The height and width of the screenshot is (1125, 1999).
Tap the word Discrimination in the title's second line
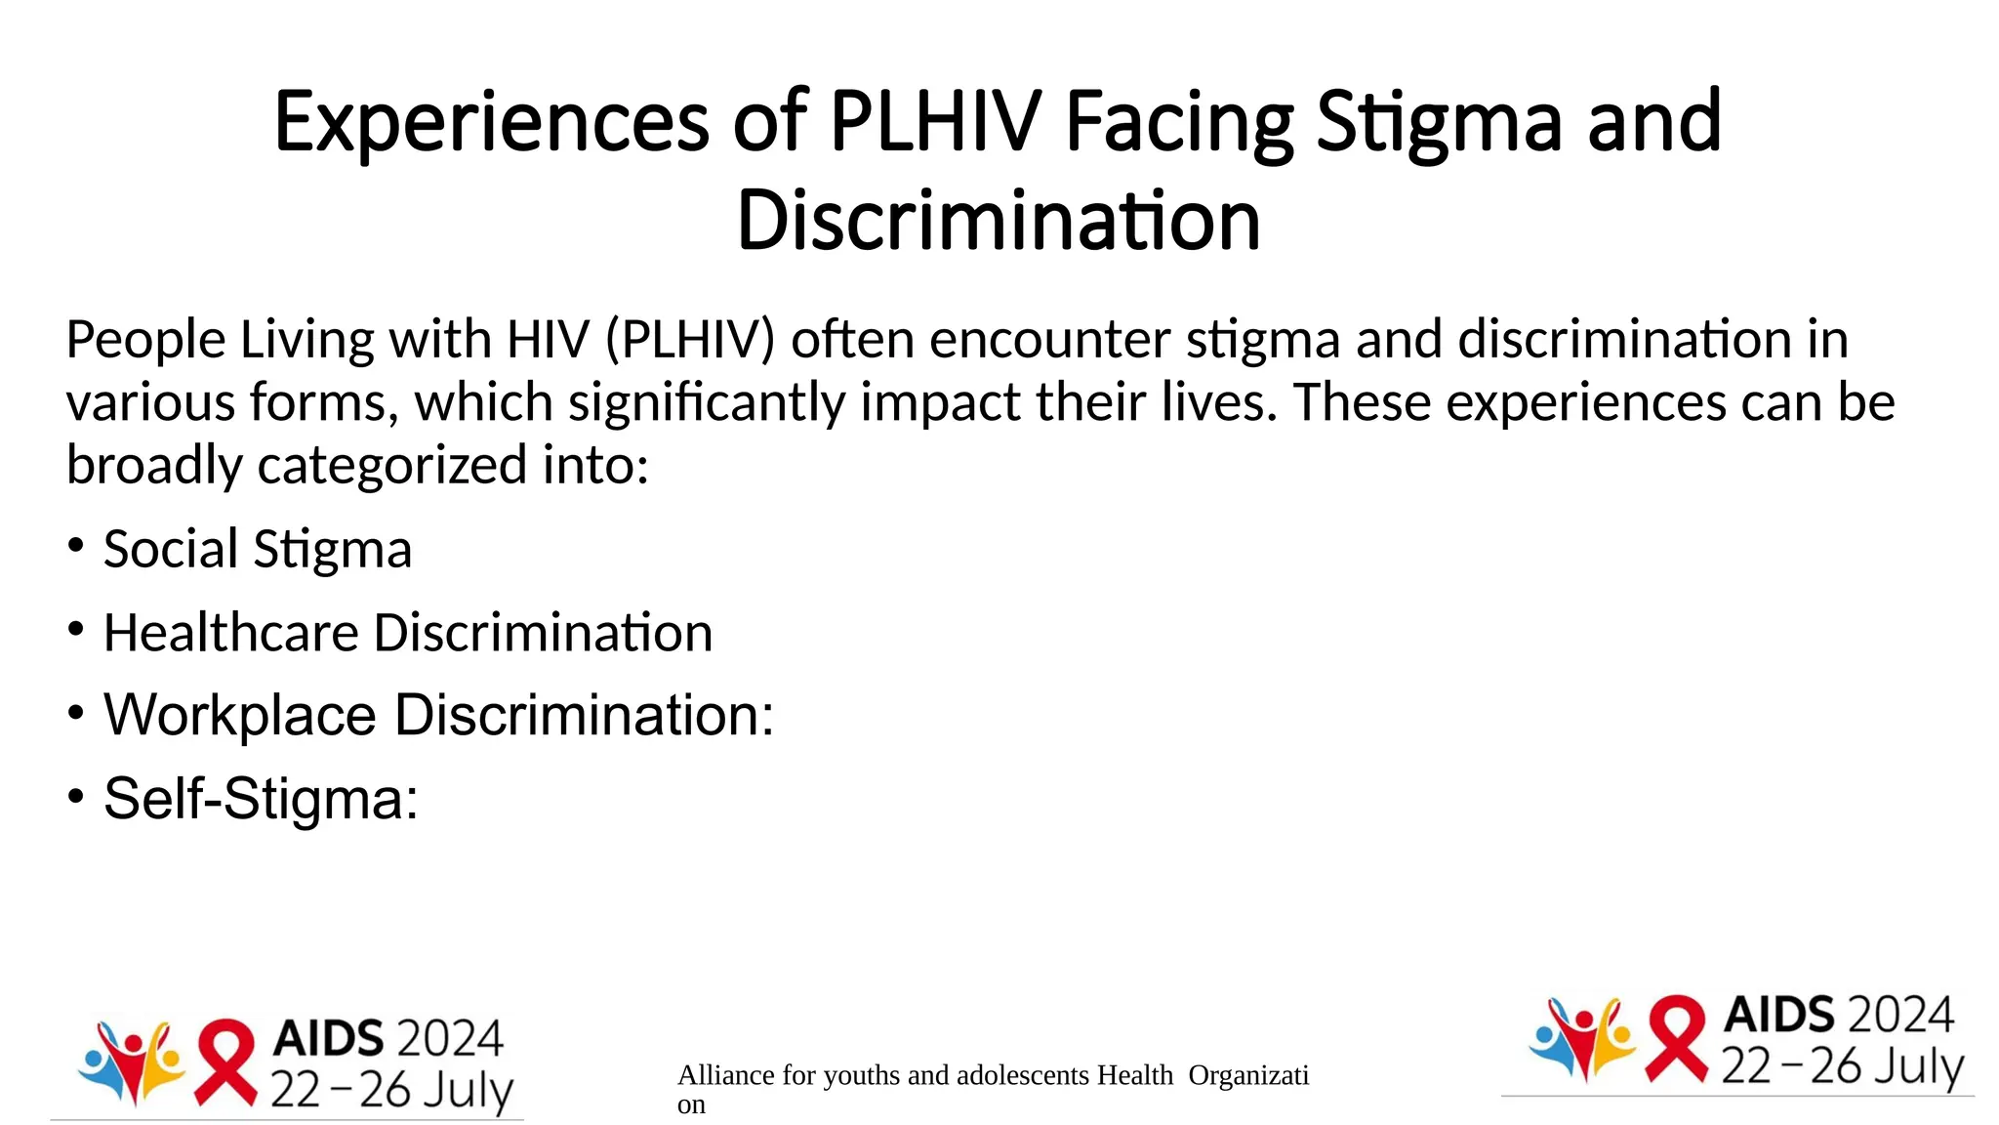(x=999, y=221)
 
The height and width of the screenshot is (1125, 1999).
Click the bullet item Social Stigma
(x=258, y=549)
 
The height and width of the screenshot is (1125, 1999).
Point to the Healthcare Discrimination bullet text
(x=408, y=633)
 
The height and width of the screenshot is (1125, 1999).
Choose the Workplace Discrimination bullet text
(x=438, y=715)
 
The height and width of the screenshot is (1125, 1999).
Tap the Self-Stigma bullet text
(x=261, y=799)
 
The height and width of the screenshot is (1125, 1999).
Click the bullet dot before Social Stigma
(x=76, y=545)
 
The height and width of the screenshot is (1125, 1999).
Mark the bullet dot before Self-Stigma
(x=76, y=795)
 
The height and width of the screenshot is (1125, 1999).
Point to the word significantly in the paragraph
(x=707, y=402)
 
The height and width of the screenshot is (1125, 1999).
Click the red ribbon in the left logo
(x=226, y=1062)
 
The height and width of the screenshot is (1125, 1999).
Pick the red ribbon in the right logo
(x=1677, y=1039)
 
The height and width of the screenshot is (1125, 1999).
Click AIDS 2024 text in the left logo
(x=388, y=1038)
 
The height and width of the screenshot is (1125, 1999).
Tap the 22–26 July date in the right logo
(x=1842, y=1066)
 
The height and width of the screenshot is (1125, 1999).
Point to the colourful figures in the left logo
(x=133, y=1062)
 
